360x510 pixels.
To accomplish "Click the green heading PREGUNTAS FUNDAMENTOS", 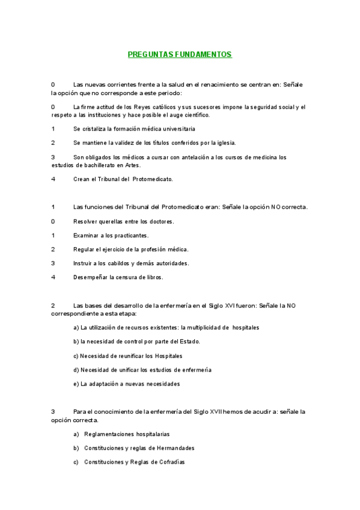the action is tap(180, 54).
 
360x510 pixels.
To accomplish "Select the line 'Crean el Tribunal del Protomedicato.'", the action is tap(123, 179).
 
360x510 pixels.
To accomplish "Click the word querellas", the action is tap(108, 221).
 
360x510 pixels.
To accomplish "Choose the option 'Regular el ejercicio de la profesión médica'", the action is tap(130, 249).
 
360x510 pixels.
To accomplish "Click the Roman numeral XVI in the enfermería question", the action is tap(229, 306).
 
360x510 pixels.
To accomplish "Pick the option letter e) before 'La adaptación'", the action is tap(76, 383).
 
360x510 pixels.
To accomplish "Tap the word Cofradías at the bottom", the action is tap(170, 462).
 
